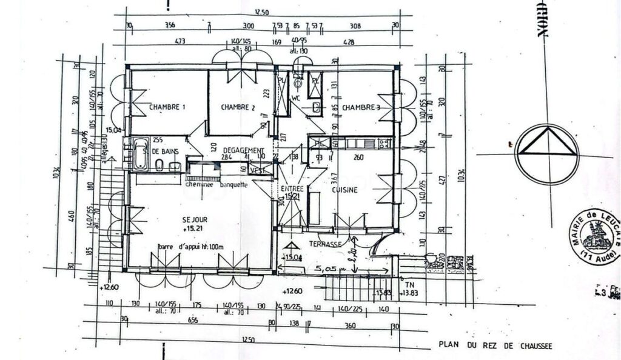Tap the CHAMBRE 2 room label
click(x=238, y=107)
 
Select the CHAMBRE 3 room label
click(x=361, y=107)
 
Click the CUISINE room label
click(x=344, y=190)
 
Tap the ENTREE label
click(x=292, y=189)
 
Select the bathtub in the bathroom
click(x=141, y=154)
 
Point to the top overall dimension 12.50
click(x=261, y=12)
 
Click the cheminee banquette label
click(x=217, y=185)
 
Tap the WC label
click(x=297, y=97)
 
